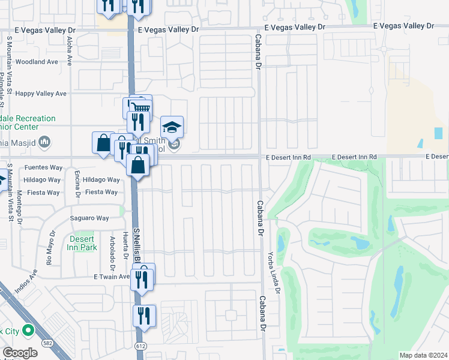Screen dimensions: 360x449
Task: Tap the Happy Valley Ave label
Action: point(41,94)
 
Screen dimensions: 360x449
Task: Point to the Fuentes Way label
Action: point(43,167)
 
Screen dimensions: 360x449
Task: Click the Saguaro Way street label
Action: point(89,218)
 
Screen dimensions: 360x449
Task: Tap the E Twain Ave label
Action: point(112,277)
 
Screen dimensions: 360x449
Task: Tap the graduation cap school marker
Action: point(172,127)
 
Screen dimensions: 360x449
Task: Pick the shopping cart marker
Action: point(140,107)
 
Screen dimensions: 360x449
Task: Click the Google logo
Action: point(20,353)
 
